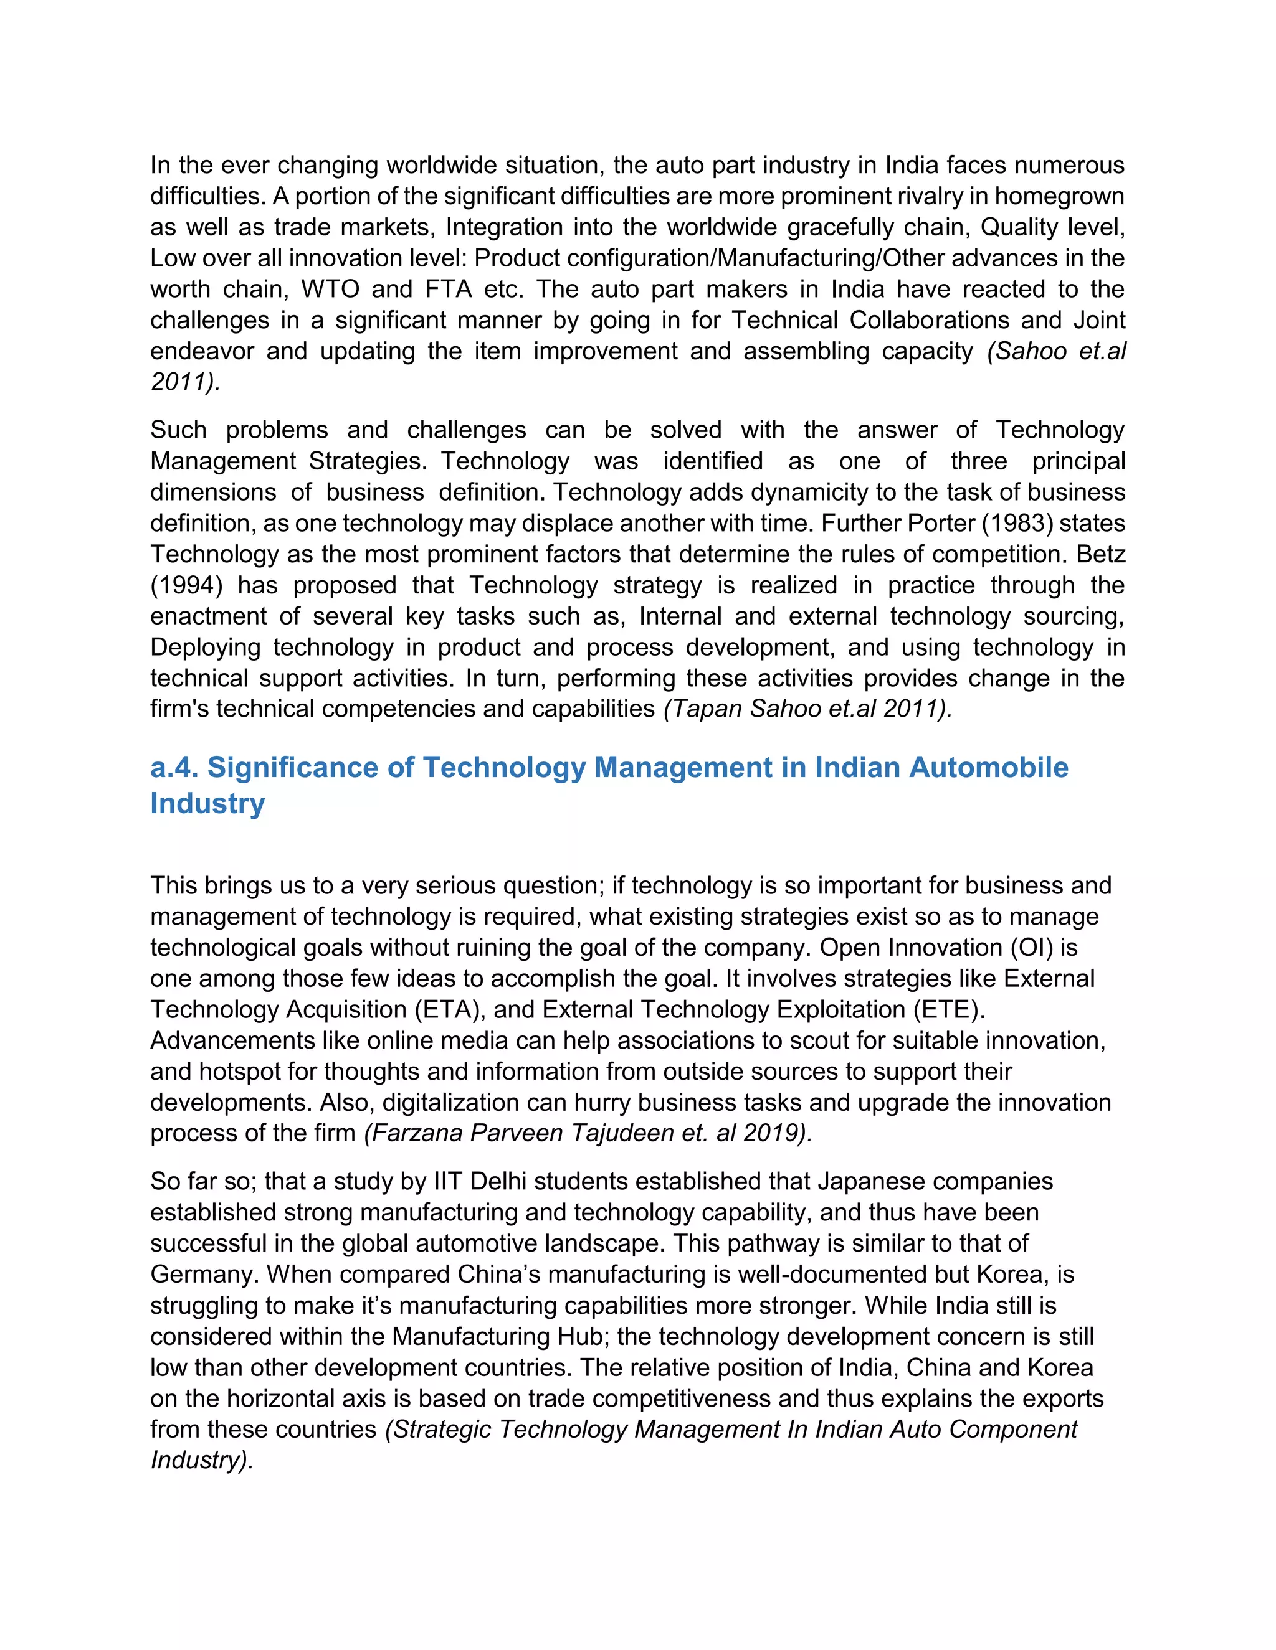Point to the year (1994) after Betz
tap(187, 585)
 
